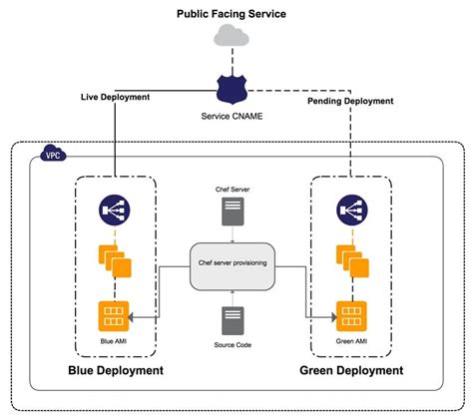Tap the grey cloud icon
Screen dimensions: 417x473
(232, 38)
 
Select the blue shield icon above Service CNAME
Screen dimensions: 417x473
(232, 88)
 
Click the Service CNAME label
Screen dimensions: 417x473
(232, 117)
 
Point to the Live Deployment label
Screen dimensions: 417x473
(115, 97)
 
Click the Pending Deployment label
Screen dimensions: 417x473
(351, 101)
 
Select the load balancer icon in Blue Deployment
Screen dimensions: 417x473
(114, 209)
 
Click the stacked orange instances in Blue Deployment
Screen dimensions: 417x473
(115, 260)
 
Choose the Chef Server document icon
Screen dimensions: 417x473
(232, 211)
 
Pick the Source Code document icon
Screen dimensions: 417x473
(232, 320)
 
